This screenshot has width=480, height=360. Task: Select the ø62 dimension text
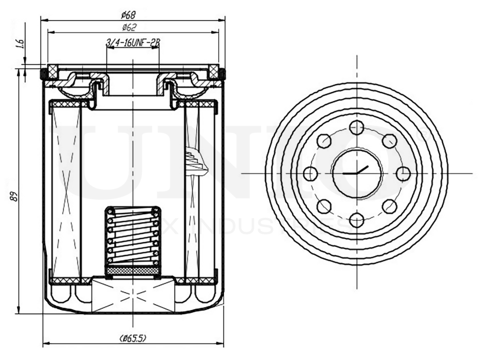point(129,27)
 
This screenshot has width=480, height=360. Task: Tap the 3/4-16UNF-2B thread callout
point(133,43)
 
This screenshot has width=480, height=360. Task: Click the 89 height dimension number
point(14,196)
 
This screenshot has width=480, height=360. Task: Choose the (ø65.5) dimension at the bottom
point(133,338)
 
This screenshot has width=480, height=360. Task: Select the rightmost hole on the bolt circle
point(403,173)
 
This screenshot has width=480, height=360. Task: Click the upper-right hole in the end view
point(390,141)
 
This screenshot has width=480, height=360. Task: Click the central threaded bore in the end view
point(357,173)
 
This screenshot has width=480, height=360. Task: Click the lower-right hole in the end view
point(390,205)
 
